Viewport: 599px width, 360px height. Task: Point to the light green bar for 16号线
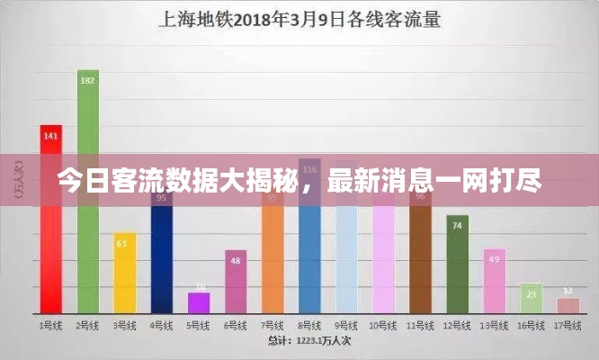[x=532, y=297]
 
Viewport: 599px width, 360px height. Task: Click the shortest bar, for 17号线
[x=568, y=304]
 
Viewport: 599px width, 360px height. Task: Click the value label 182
[x=87, y=80]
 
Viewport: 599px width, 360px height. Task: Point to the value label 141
[x=50, y=136]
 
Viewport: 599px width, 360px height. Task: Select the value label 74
[x=458, y=226]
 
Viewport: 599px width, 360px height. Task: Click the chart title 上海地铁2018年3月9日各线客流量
[x=299, y=19]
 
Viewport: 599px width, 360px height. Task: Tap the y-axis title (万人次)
[x=20, y=180]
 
